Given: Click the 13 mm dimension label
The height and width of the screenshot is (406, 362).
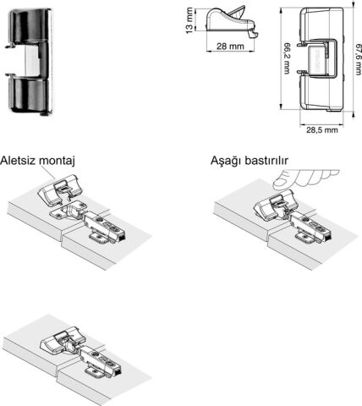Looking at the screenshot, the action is point(189,20).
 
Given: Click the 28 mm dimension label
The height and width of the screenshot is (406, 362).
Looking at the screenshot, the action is point(230,46).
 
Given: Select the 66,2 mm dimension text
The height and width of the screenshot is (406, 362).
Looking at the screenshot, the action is point(287,58).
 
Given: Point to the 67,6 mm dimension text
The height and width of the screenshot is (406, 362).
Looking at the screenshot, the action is point(359,59).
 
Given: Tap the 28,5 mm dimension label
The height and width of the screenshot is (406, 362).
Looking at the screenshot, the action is point(322,130).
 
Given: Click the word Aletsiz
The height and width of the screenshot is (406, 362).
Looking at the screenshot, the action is point(19,161).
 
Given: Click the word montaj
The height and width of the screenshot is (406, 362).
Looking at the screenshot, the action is point(57,162).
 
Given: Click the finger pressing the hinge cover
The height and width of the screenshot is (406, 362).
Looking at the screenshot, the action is point(304,179).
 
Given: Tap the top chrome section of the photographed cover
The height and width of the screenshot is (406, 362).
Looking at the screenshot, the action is point(30,25).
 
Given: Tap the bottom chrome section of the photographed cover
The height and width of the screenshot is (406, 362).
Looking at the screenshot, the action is point(30,96).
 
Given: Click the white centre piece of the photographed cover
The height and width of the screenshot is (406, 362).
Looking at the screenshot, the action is point(31,61).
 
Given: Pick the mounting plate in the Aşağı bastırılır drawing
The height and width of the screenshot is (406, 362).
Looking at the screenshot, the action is point(306,236).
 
